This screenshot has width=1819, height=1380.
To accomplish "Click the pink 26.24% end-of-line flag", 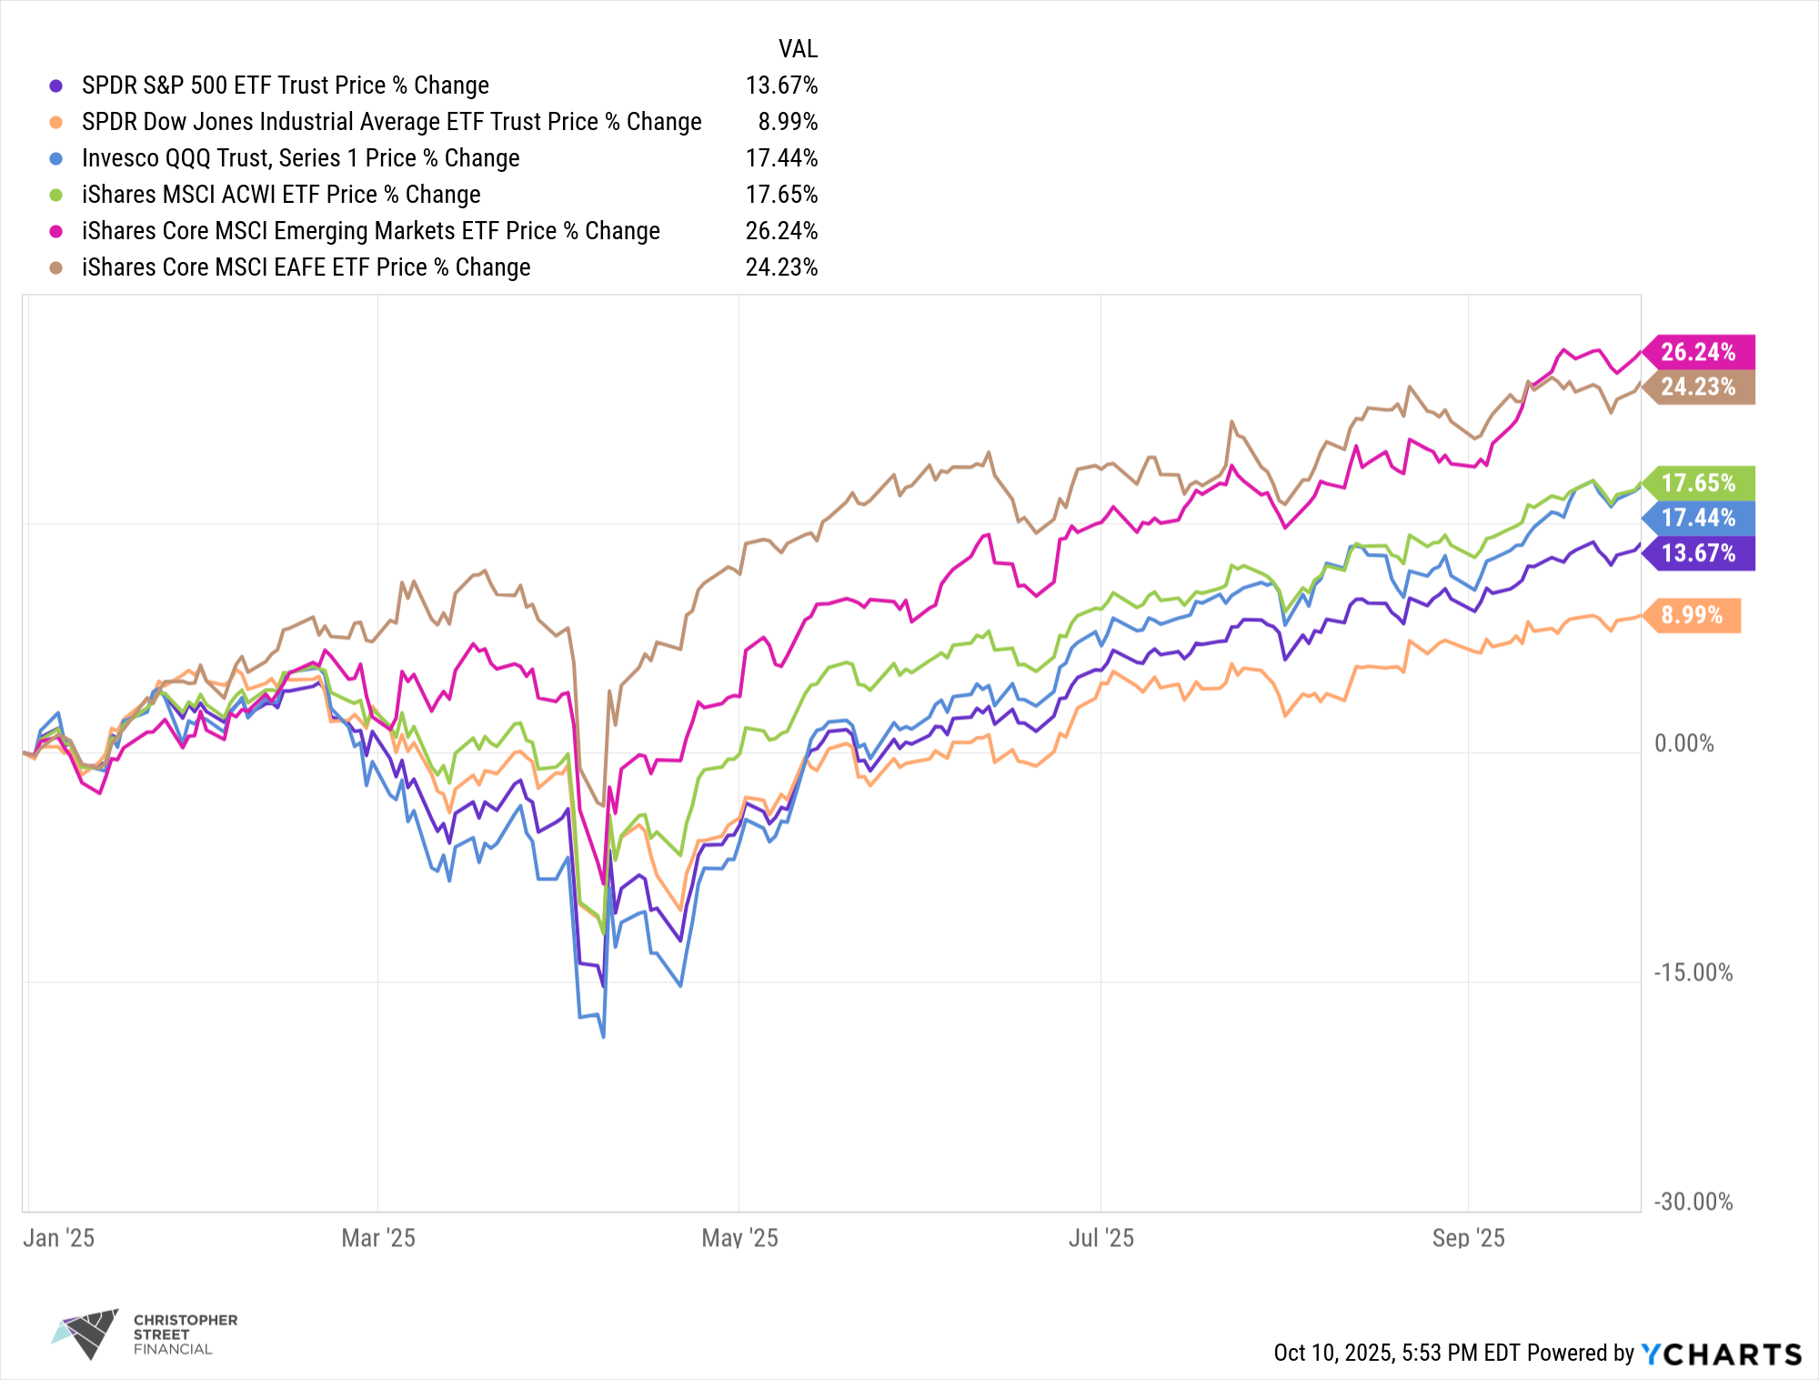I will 1698,352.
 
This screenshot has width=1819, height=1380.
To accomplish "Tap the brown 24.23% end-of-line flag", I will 1698,388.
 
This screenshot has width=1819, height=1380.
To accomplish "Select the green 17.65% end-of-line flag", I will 1698,483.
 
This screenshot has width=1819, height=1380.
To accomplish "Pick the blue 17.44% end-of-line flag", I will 1698,519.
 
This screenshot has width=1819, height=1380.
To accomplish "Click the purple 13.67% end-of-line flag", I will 1698,553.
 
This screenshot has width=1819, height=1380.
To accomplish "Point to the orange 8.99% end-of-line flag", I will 1692,616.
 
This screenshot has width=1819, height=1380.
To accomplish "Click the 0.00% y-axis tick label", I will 1683,744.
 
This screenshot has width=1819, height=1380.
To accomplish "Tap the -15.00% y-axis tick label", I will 1693,973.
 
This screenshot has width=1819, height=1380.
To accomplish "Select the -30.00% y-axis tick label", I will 1693,1203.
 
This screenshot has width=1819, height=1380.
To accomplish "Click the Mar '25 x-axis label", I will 378,1238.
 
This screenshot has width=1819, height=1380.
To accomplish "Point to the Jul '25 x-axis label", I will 1100,1238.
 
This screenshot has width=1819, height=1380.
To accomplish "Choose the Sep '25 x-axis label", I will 1468,1238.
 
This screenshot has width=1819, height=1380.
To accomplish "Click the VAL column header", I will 798,49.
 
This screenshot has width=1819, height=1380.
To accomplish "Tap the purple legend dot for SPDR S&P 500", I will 56,86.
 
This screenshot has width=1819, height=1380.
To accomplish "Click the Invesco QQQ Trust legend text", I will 300,158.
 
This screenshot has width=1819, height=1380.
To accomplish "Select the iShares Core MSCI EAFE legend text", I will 306,267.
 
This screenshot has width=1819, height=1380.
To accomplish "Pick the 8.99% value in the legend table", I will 788,122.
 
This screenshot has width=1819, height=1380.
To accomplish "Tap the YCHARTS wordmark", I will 1721,1355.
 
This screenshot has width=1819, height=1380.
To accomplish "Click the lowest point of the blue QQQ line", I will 603,1036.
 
